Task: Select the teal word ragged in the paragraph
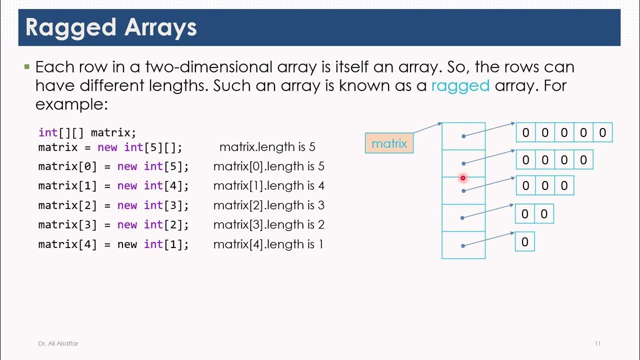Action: [x=460, y=85]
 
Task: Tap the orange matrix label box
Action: [x=389, y=143]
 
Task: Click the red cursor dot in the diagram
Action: [x=463, y=177]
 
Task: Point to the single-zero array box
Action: [x=524, y=242]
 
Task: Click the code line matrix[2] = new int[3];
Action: [x=113, y=205]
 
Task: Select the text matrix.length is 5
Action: [x=267, y=147]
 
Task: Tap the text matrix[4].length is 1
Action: [x=268, y=244]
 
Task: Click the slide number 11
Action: [x=597, y=343]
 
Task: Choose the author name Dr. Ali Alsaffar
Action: [x=58, y=343]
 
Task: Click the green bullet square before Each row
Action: [x=27, y=66]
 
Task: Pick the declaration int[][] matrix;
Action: [x=87, y=132]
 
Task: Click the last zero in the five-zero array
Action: [x=602, y=132]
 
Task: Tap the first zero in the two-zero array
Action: [x=524, y=214]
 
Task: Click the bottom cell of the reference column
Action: [x=463, y=245]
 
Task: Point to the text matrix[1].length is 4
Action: [x=268, y=186]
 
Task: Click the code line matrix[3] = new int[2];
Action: [x=113, y=225]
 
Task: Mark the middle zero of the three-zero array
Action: [x=544, y=186]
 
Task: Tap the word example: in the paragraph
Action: [x=71, y=104]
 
